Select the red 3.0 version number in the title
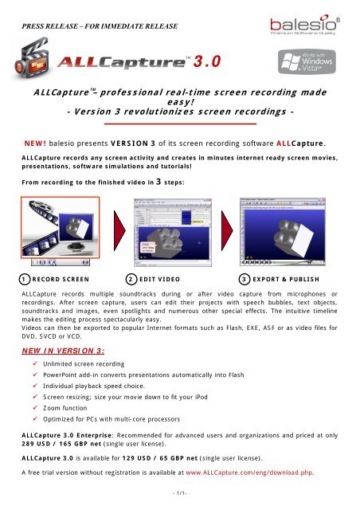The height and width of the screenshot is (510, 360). pyautogui.click(x=208, y=61)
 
